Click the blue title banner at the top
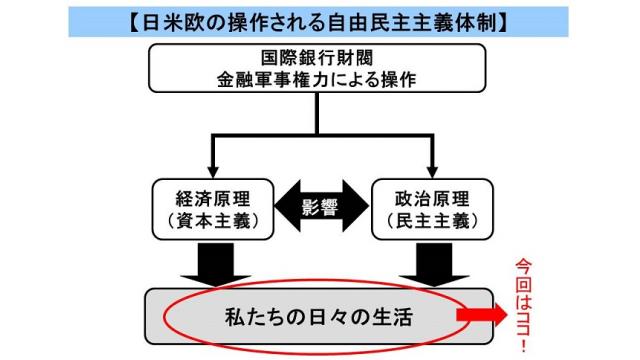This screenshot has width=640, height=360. (x=319, y=19)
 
